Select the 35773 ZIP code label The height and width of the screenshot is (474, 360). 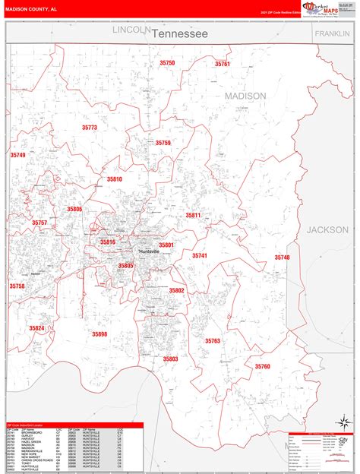click(89, 128)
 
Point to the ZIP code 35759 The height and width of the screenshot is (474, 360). click(163, 142)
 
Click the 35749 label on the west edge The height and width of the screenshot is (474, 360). click(17, 154)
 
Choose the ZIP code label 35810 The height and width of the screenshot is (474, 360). click(114, 179)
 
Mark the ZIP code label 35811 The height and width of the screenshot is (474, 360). click(193, 215)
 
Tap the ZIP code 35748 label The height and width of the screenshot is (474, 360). click(282, 258)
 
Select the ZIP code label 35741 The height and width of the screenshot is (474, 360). click(199, 256)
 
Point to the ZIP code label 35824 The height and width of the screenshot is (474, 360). click(37, 327)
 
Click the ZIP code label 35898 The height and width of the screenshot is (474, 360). click(99, 333)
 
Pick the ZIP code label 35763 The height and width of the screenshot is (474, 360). click(212, 341)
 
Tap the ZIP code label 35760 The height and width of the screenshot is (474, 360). click(262, 366)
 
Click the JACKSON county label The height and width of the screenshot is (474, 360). click(327, 229)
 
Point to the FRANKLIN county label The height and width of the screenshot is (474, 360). click(333, 34)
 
